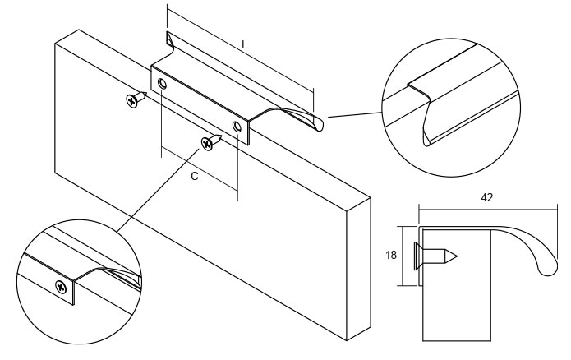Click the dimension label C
193,176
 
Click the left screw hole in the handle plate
163,85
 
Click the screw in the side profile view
435,254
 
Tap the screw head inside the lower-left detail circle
62,286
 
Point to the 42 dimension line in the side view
488,207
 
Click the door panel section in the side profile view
456,304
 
